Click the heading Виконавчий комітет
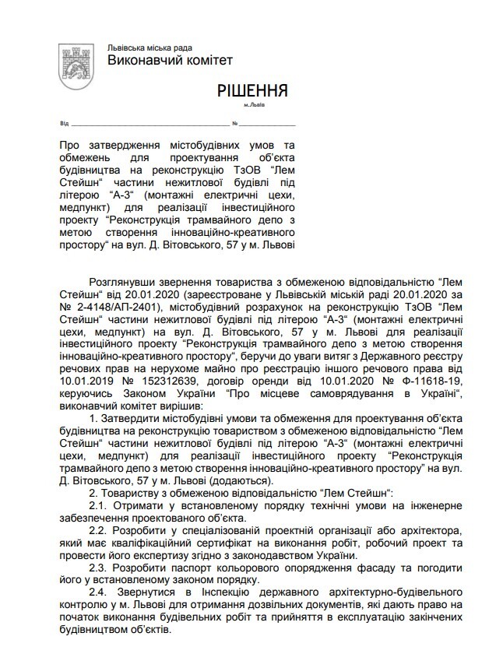click(x=169, y=61)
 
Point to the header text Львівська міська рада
click(x=150, y=47)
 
